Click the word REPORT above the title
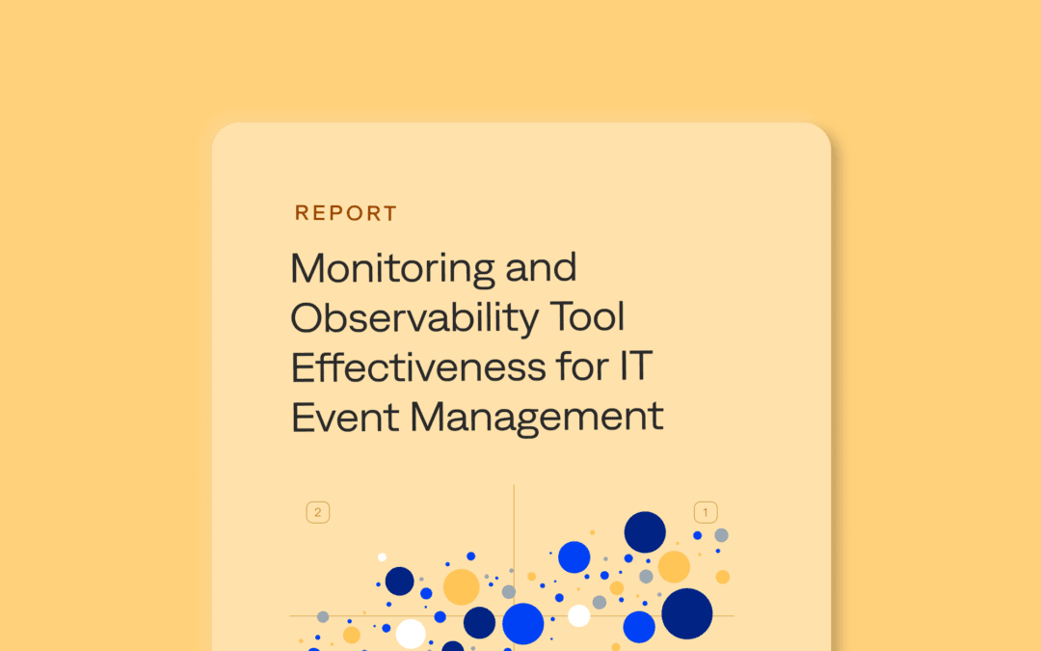(x=345, y=213)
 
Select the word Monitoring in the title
(x=392, y=269)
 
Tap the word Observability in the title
(x=414, y=317)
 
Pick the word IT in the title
(x=636, y=366)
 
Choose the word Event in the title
(x=345, y=417)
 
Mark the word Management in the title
(x=537, y=419)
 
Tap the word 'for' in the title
(x=582, y=366)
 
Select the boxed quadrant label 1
(x=705, y=512)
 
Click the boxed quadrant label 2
(x=318, y=512)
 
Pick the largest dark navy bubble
(x=686, y=613)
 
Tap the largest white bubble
(x=411, y=634)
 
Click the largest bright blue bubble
(x=523, y=624)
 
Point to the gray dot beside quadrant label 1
(x=722, y=535)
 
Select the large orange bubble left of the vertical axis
(x=462, y=586)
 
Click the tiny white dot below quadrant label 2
(x=382, y=557)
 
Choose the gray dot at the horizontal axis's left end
(x=323, y=617)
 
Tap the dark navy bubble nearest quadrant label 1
(x=645, y=532)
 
